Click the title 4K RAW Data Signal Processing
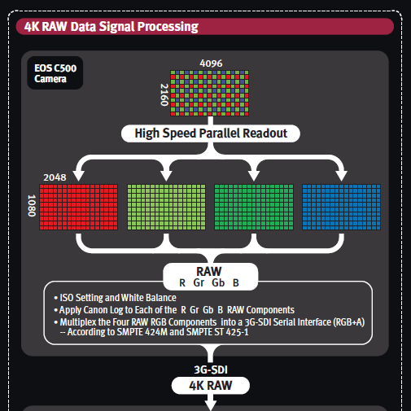coord(111,27)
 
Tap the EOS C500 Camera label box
coord(55,73)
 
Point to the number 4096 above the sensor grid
coord(211,63)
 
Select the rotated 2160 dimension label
coord(164,94)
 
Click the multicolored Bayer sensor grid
coord(209,94)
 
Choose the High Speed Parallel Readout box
coord(211,133)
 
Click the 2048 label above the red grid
coord(55,177)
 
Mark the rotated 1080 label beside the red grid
coord(32,206)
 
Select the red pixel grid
coord(79,208)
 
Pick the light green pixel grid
coord(166,208)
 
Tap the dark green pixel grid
coord(254,208)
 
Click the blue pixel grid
coord(341,208)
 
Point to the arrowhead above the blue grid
coord(341,176)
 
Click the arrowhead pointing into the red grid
coord(79,176)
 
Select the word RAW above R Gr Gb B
coord(209,272)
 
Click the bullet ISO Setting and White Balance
coord(115,298)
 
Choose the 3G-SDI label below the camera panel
coord(211,369)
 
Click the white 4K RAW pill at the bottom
coord(211,386)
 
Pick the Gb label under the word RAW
coord(218,283)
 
